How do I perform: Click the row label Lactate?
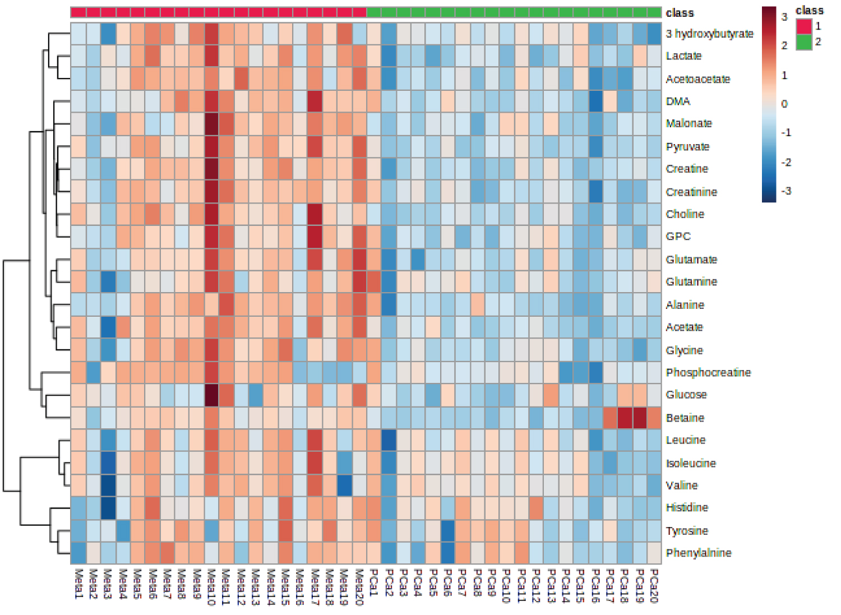[683, 56]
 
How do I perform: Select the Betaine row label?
[685, 418]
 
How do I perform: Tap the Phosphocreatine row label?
[708, 372]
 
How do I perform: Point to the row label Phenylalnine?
[698, 553]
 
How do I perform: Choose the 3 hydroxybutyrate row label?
[709, 34]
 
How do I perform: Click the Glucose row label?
[686, 395]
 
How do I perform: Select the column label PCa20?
[654, 585]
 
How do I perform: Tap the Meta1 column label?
[78, 583]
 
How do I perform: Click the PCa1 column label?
[373, 583]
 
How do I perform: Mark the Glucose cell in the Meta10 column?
[211, 395]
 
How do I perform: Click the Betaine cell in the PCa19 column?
[639, 418]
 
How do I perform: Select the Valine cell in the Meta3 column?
[108, 485]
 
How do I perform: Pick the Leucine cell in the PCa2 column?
[389, 440]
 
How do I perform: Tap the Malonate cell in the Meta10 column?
[211, 123]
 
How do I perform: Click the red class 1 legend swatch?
[804, 26]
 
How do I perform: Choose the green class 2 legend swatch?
[804, 41]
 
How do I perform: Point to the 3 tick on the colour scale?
[784, 17]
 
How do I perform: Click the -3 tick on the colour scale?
[786, 191]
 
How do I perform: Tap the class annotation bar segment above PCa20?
[654, 12]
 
